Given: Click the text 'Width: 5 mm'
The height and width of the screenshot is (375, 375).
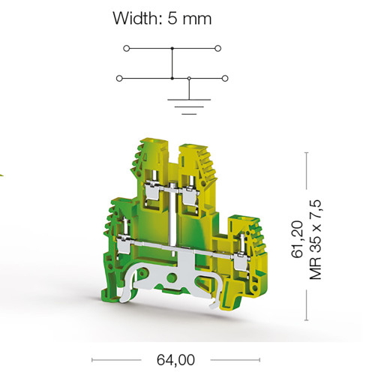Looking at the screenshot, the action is coord(162,18).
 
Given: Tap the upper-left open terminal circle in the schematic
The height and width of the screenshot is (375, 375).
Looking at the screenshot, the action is coord(127,48).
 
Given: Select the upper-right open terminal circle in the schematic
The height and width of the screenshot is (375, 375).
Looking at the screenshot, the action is coord(218,48).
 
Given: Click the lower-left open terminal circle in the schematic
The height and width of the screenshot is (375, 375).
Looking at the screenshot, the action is coord(119,79).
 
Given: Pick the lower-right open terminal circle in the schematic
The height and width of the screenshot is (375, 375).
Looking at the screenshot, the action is coord(225,79).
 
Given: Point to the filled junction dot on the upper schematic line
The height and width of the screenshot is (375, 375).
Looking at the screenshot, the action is coord(172,48).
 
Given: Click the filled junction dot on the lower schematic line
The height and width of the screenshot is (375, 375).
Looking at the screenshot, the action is coord(172,79).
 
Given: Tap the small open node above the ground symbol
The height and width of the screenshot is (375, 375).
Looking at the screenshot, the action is coord(189,79).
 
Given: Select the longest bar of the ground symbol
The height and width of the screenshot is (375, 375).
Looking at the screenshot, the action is coord(189,100).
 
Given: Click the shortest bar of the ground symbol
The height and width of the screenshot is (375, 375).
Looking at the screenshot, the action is coord(189,114).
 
